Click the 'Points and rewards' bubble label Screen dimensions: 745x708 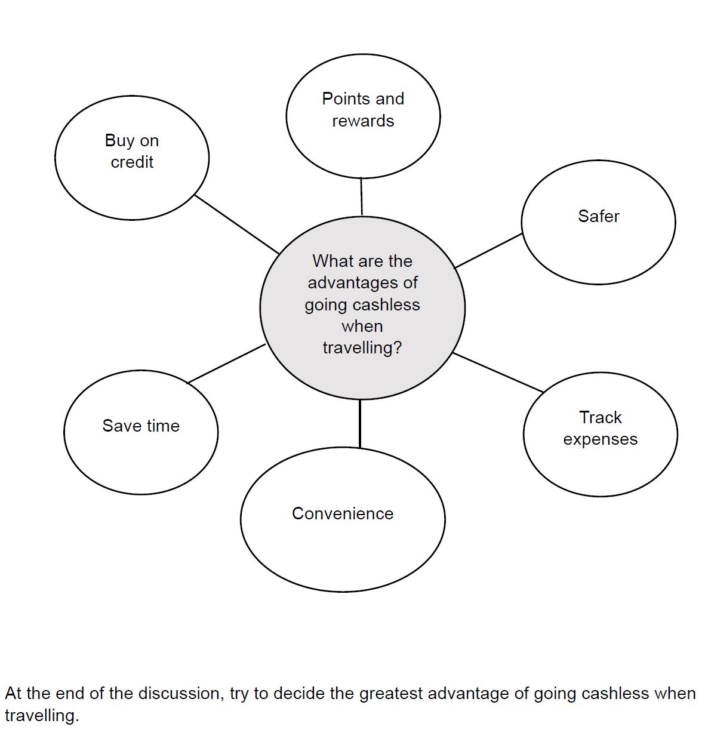(363, 109)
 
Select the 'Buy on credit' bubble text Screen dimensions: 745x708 (132, 151)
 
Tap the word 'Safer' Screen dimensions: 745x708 (598, 216)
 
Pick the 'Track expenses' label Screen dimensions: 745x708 (600, 428)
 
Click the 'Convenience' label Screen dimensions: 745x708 (343, 513)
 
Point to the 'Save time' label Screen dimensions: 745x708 (141, 426)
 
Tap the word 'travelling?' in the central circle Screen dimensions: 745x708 (362, 347)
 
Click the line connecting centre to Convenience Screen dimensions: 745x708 (360, 423)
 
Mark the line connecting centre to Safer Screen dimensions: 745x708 (488, 251)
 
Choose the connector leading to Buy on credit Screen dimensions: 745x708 (236, 224)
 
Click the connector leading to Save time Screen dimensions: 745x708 (226, 364)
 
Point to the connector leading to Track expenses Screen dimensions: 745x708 (498, 372)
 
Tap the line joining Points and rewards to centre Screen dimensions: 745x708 (361, 196)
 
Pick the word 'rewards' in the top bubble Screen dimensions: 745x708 (363, 121)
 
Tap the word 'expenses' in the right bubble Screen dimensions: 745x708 (600, 439)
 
